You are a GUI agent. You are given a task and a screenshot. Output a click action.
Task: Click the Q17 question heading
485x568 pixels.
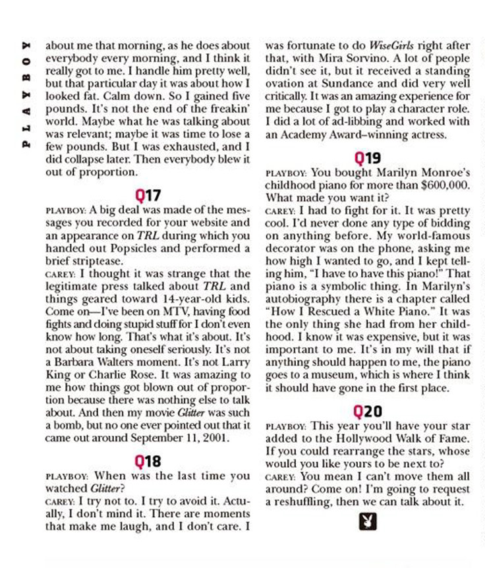click(x=148, y=195)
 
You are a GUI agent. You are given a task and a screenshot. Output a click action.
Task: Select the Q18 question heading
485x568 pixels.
click(x=148, y=460)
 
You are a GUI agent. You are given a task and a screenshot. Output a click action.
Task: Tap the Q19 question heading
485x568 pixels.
click(x=367, y=158)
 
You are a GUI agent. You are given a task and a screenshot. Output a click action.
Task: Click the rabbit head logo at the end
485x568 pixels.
click(x=368, y=521)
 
